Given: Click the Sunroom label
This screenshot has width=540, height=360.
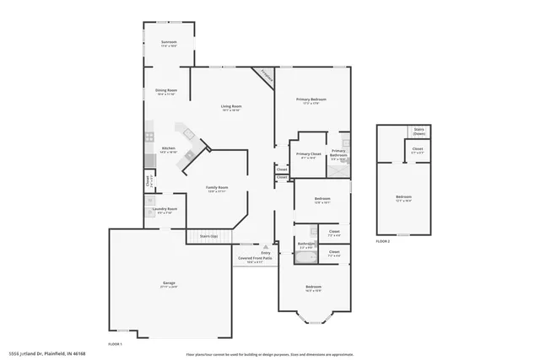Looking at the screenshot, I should pyautogui.click(x=169, y=43).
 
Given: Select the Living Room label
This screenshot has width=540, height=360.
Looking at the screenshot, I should pyautogui.click(x=230, y=107).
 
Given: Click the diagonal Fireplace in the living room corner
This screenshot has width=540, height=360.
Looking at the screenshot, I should pyautogui.click(x=267, y=74).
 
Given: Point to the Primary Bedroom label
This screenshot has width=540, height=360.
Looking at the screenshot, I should pyautogui.click(x=311, y=100).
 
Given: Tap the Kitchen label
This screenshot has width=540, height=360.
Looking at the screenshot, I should pyautogui.click(x=169, y=149).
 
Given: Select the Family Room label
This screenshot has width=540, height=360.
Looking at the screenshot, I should pyautogui.click(x=218, y=189).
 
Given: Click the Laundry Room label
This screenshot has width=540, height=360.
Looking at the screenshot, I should pyautogui.click(x=165, y=210).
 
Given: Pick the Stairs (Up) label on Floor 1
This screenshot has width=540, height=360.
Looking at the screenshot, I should pyautogui.click(x=208, y=236).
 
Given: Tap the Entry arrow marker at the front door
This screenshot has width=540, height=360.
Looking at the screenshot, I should pyautogui.click(x=267, y=247).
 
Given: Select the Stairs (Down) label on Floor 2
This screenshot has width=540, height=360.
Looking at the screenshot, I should pyautogui.click(x=418, y=132).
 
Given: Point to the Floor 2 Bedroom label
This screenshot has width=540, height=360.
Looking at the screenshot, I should pyautogui.click(x=403, y=199).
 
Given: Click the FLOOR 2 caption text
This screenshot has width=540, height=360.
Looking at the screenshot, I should pyautogui.click(x=385, y=241).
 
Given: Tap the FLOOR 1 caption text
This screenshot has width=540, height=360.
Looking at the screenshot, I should pyautogui.click(x=116, y=344).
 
